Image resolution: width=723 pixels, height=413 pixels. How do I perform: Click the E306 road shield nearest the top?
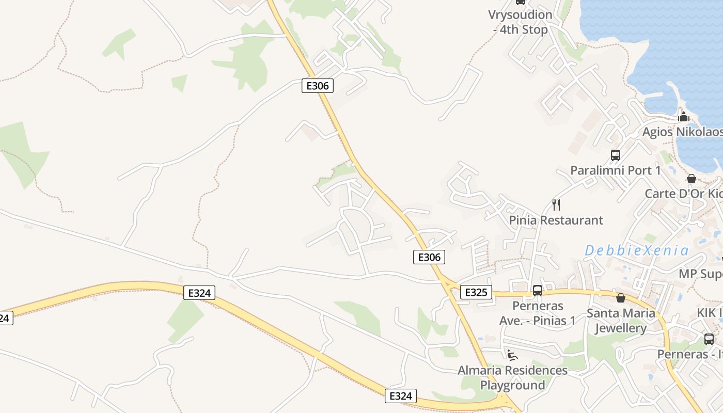(317, 86)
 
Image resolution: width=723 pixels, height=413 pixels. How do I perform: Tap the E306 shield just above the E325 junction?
(429, 257)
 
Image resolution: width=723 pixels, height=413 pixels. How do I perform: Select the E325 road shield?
(476, 292)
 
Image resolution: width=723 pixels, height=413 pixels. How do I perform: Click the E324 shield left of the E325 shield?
(199, 293)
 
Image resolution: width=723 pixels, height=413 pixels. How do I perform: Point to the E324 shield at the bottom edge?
(400, 396)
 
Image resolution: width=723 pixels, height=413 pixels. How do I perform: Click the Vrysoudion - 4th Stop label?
(520, 22)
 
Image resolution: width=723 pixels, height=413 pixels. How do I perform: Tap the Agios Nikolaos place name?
(682, 132)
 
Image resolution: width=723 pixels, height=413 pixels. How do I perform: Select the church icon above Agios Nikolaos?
(684, 117)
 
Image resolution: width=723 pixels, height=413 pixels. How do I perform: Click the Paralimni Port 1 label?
(615, 170)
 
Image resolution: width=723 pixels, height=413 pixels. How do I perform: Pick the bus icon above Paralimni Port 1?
(615, 155)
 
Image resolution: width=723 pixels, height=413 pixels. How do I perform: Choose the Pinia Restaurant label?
(556, 220)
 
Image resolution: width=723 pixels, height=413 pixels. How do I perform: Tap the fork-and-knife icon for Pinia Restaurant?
(556, 205)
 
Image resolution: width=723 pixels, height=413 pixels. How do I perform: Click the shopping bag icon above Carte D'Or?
(691, 179)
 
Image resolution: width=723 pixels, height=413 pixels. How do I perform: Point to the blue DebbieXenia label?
(636, 251)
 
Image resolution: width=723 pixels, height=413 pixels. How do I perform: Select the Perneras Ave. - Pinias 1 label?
(538, 313)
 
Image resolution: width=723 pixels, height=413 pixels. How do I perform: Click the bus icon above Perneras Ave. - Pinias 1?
(538, 291)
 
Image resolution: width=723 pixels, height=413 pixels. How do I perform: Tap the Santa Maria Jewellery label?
(621, 321)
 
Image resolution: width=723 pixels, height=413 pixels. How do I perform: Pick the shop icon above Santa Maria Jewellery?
(621, 298)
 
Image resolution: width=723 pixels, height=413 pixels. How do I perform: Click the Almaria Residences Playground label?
(512, 377)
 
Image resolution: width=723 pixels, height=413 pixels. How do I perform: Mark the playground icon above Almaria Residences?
(512, 355)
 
